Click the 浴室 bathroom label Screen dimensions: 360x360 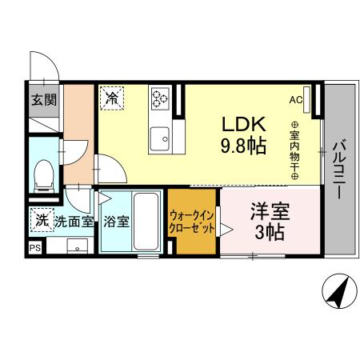coord(117,222)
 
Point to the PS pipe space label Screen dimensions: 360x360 coord(34,249)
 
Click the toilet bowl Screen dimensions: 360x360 coord(43,171)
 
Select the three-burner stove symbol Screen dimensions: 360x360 coord(159,99)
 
